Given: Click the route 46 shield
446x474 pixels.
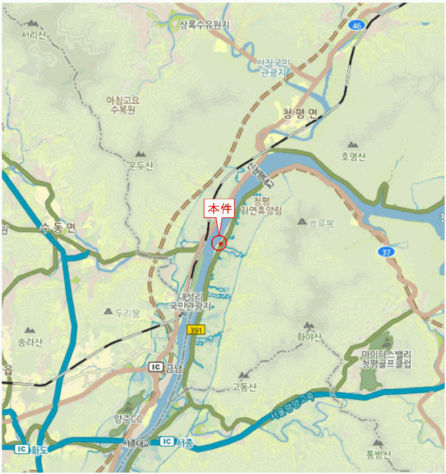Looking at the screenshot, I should pos(357,25).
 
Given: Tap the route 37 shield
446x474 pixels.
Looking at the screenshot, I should pos(385,252).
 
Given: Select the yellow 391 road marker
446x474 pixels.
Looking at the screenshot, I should pos(196,328).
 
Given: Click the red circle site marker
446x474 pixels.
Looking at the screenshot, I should pos(219,242).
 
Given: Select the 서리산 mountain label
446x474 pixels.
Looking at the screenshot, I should pos(32,35).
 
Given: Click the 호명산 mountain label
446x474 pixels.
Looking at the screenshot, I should pos(353,156).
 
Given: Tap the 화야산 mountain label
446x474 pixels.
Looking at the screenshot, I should pos(309,337).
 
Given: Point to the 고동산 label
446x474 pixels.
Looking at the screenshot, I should pos(244,387).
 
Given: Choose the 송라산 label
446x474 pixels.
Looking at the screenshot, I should pos(30,341).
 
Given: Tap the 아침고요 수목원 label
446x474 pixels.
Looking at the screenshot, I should pos(122,104).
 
